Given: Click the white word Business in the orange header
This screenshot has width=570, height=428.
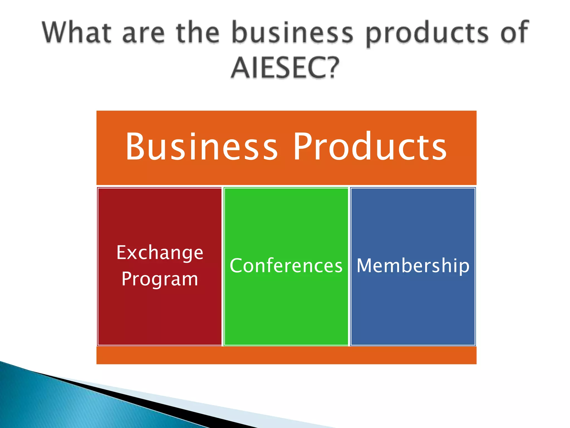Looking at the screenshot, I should click(202, 147).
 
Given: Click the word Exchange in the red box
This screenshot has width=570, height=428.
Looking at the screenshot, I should click(160, 253).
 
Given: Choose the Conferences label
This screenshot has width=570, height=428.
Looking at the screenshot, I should click(286, 266).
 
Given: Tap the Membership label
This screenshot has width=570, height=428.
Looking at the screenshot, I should click(413, 266).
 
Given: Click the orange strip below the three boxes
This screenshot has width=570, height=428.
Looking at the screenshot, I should click(286, 355).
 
